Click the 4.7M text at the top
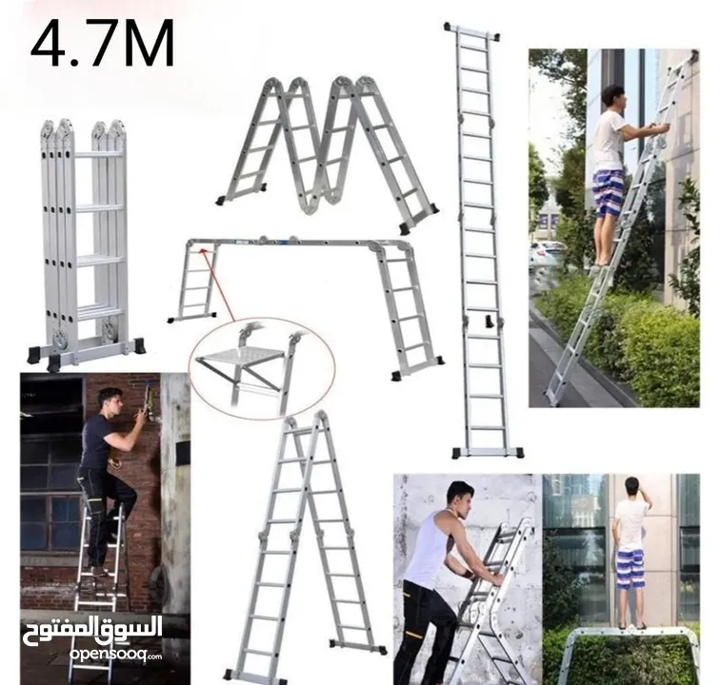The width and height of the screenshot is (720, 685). [103, 44]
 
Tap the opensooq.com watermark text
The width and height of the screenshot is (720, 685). [115, 655]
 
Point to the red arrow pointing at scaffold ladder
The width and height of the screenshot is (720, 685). [218, 284]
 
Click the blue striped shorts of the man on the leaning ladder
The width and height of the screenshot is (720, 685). [607, 193]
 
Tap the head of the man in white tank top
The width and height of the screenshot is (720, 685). [460, 498]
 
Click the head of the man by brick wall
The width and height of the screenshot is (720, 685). [110, 401]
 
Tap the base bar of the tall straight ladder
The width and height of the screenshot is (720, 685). [488, 452]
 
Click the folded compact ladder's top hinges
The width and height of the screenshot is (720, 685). [83, 130]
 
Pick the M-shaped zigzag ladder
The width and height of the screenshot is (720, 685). [328, 151]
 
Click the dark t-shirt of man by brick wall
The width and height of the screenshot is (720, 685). [97, 440]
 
